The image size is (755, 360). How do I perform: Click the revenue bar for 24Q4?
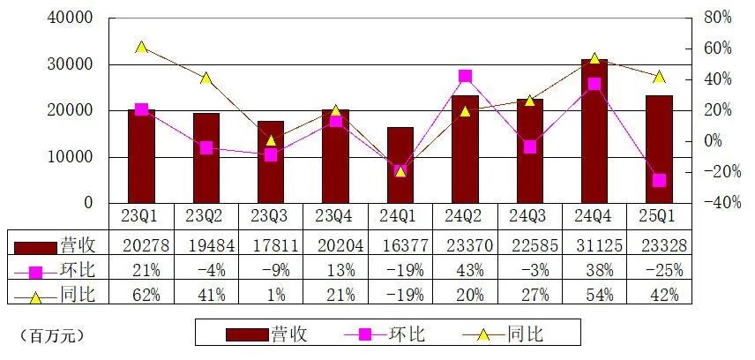point(594,132)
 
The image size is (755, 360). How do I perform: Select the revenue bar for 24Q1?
point(400,166)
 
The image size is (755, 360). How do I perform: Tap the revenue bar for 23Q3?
point(270,162)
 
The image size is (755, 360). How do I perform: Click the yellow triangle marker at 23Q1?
point(141,47)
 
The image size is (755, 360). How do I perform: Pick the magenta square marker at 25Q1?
point(658,180)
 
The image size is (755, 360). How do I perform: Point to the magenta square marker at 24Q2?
point(465,76)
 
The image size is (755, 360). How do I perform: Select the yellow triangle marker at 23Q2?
point(206,79)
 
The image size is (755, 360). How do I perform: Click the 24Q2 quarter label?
point(465,214)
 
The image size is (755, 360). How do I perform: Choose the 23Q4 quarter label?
point(335,214)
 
